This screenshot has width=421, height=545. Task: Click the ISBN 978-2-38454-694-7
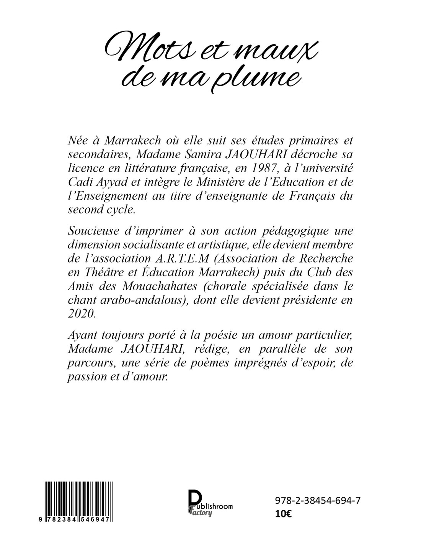pos(318,500)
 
